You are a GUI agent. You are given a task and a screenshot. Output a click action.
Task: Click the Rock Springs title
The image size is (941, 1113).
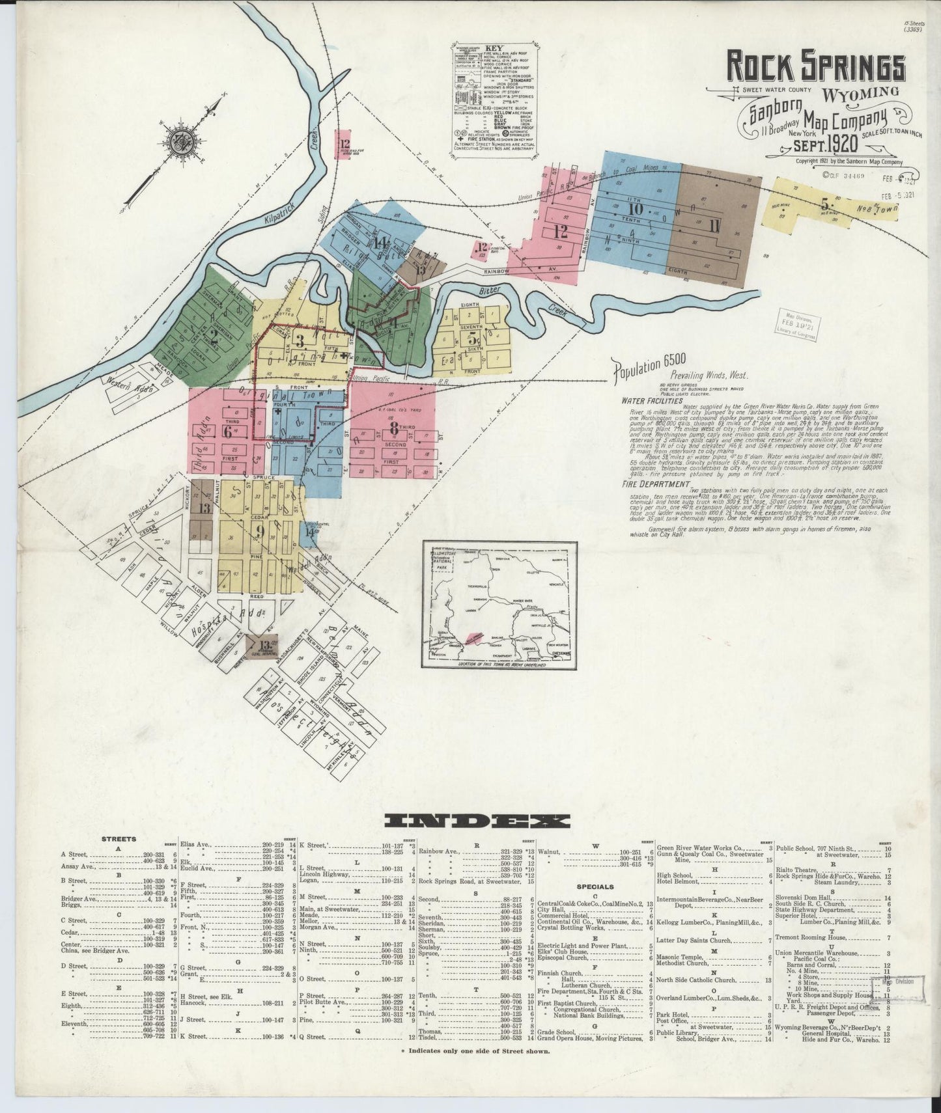click(x=816, y=66)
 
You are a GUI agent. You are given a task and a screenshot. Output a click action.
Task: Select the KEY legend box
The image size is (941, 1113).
click(x=496, y=98)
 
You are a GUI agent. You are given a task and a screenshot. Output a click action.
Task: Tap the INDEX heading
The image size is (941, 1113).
click(x=477, y=821)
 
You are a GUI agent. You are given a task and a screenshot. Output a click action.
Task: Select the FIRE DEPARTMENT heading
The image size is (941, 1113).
click(x=654, y=484)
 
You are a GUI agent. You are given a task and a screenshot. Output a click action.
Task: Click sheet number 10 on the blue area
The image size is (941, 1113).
click(x=636, y=209)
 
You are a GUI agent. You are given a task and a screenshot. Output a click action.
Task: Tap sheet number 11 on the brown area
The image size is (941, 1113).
click(x=715, y=226)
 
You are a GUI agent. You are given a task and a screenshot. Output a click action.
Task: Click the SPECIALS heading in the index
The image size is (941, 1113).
click(x=596, y=886)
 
